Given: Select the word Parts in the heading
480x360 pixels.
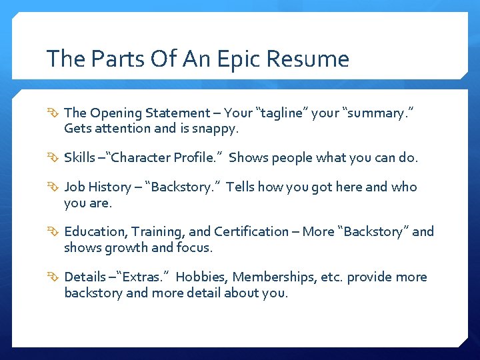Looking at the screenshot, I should point(112,59).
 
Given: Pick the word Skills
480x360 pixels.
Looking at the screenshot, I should point(79,158).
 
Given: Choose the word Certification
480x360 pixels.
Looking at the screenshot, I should point(251,232).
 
